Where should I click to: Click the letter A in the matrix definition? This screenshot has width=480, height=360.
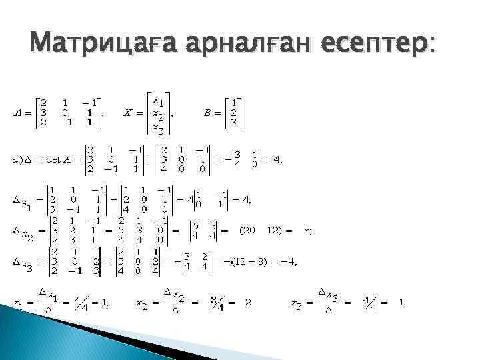point(19,112)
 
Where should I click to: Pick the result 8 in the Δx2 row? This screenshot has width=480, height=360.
point(307,230)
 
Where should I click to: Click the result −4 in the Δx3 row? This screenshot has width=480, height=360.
point(287,261)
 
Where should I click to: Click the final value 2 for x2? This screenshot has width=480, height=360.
point(248,303)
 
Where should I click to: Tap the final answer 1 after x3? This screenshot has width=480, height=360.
point(401,303)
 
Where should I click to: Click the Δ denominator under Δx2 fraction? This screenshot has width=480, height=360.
point(175,311)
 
